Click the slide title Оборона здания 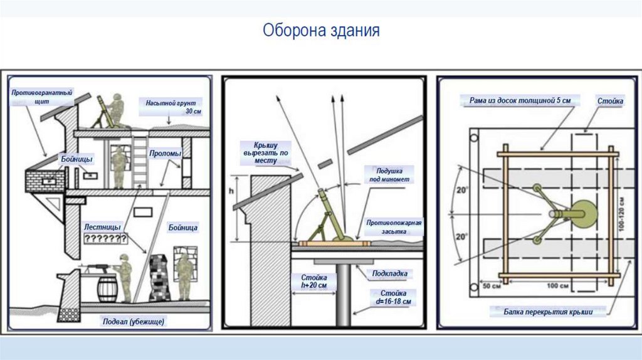click(320, 31)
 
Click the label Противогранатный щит click(42, 96)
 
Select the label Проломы click(166, 153)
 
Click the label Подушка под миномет click(393, 174)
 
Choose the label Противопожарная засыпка click(394, 226)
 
